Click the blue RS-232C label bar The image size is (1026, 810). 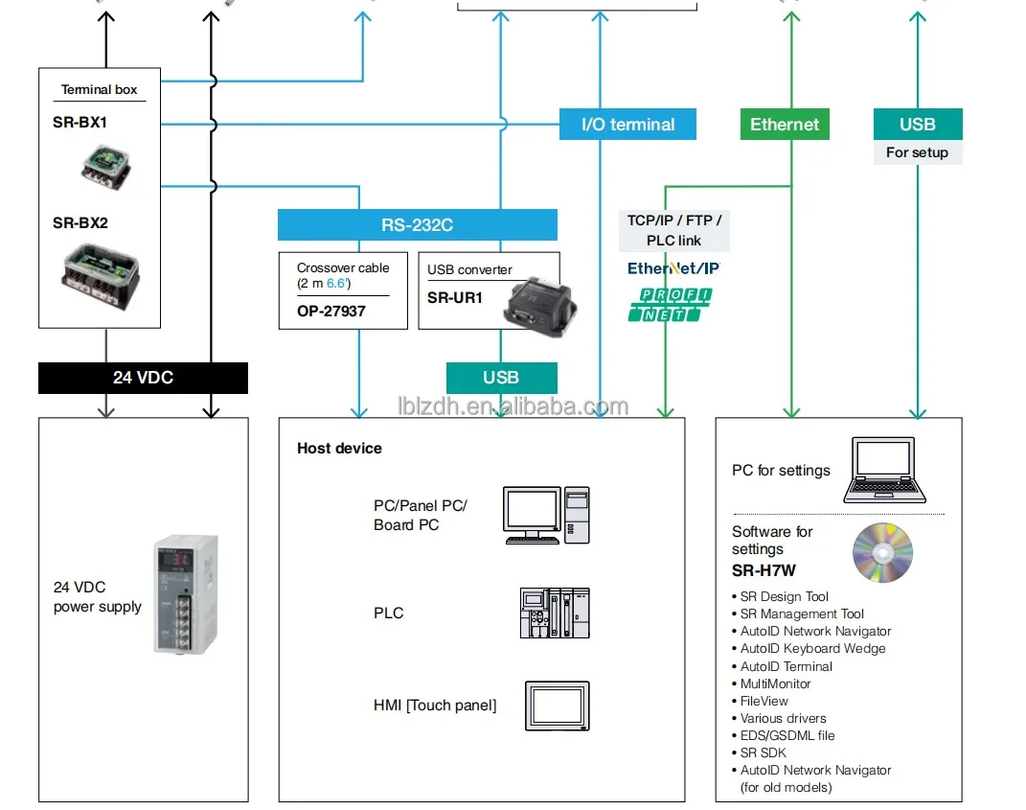coord(417,225)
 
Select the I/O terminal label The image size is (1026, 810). coord(627,125)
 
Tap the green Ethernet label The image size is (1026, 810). coord(785,125)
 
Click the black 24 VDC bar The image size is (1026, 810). coord(143,378)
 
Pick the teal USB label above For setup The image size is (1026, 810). coord(917,125)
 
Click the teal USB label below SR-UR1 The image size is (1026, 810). coord(501,378)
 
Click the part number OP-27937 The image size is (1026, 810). coord(331,311)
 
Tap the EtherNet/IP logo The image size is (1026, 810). coord(673,268)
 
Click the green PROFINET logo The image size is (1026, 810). coord(670,304)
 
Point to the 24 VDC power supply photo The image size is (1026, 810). coord(185,594)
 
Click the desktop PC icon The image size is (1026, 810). coord(546,516)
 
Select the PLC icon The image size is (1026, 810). coord(555,613)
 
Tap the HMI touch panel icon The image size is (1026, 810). coord(557,706)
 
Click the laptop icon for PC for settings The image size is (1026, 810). coord(884,471)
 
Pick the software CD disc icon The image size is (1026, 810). coord(882,553)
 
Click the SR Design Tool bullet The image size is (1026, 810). coord(784,596)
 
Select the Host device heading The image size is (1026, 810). coord(339,449)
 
